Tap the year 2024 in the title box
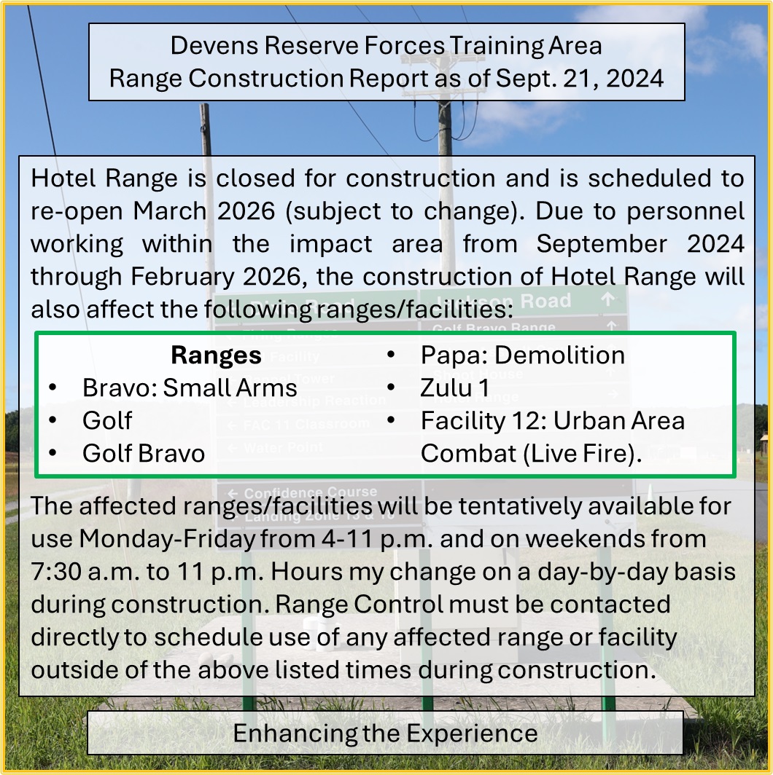634,79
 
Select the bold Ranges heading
217,355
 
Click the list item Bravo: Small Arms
190,387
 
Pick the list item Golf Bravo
144,453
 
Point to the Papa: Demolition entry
523,355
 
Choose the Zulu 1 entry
455,387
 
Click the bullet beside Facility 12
391,420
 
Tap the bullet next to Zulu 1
391,387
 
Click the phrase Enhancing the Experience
386,733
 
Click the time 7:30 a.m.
83,572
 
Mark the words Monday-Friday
167,539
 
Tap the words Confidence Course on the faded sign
310,492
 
